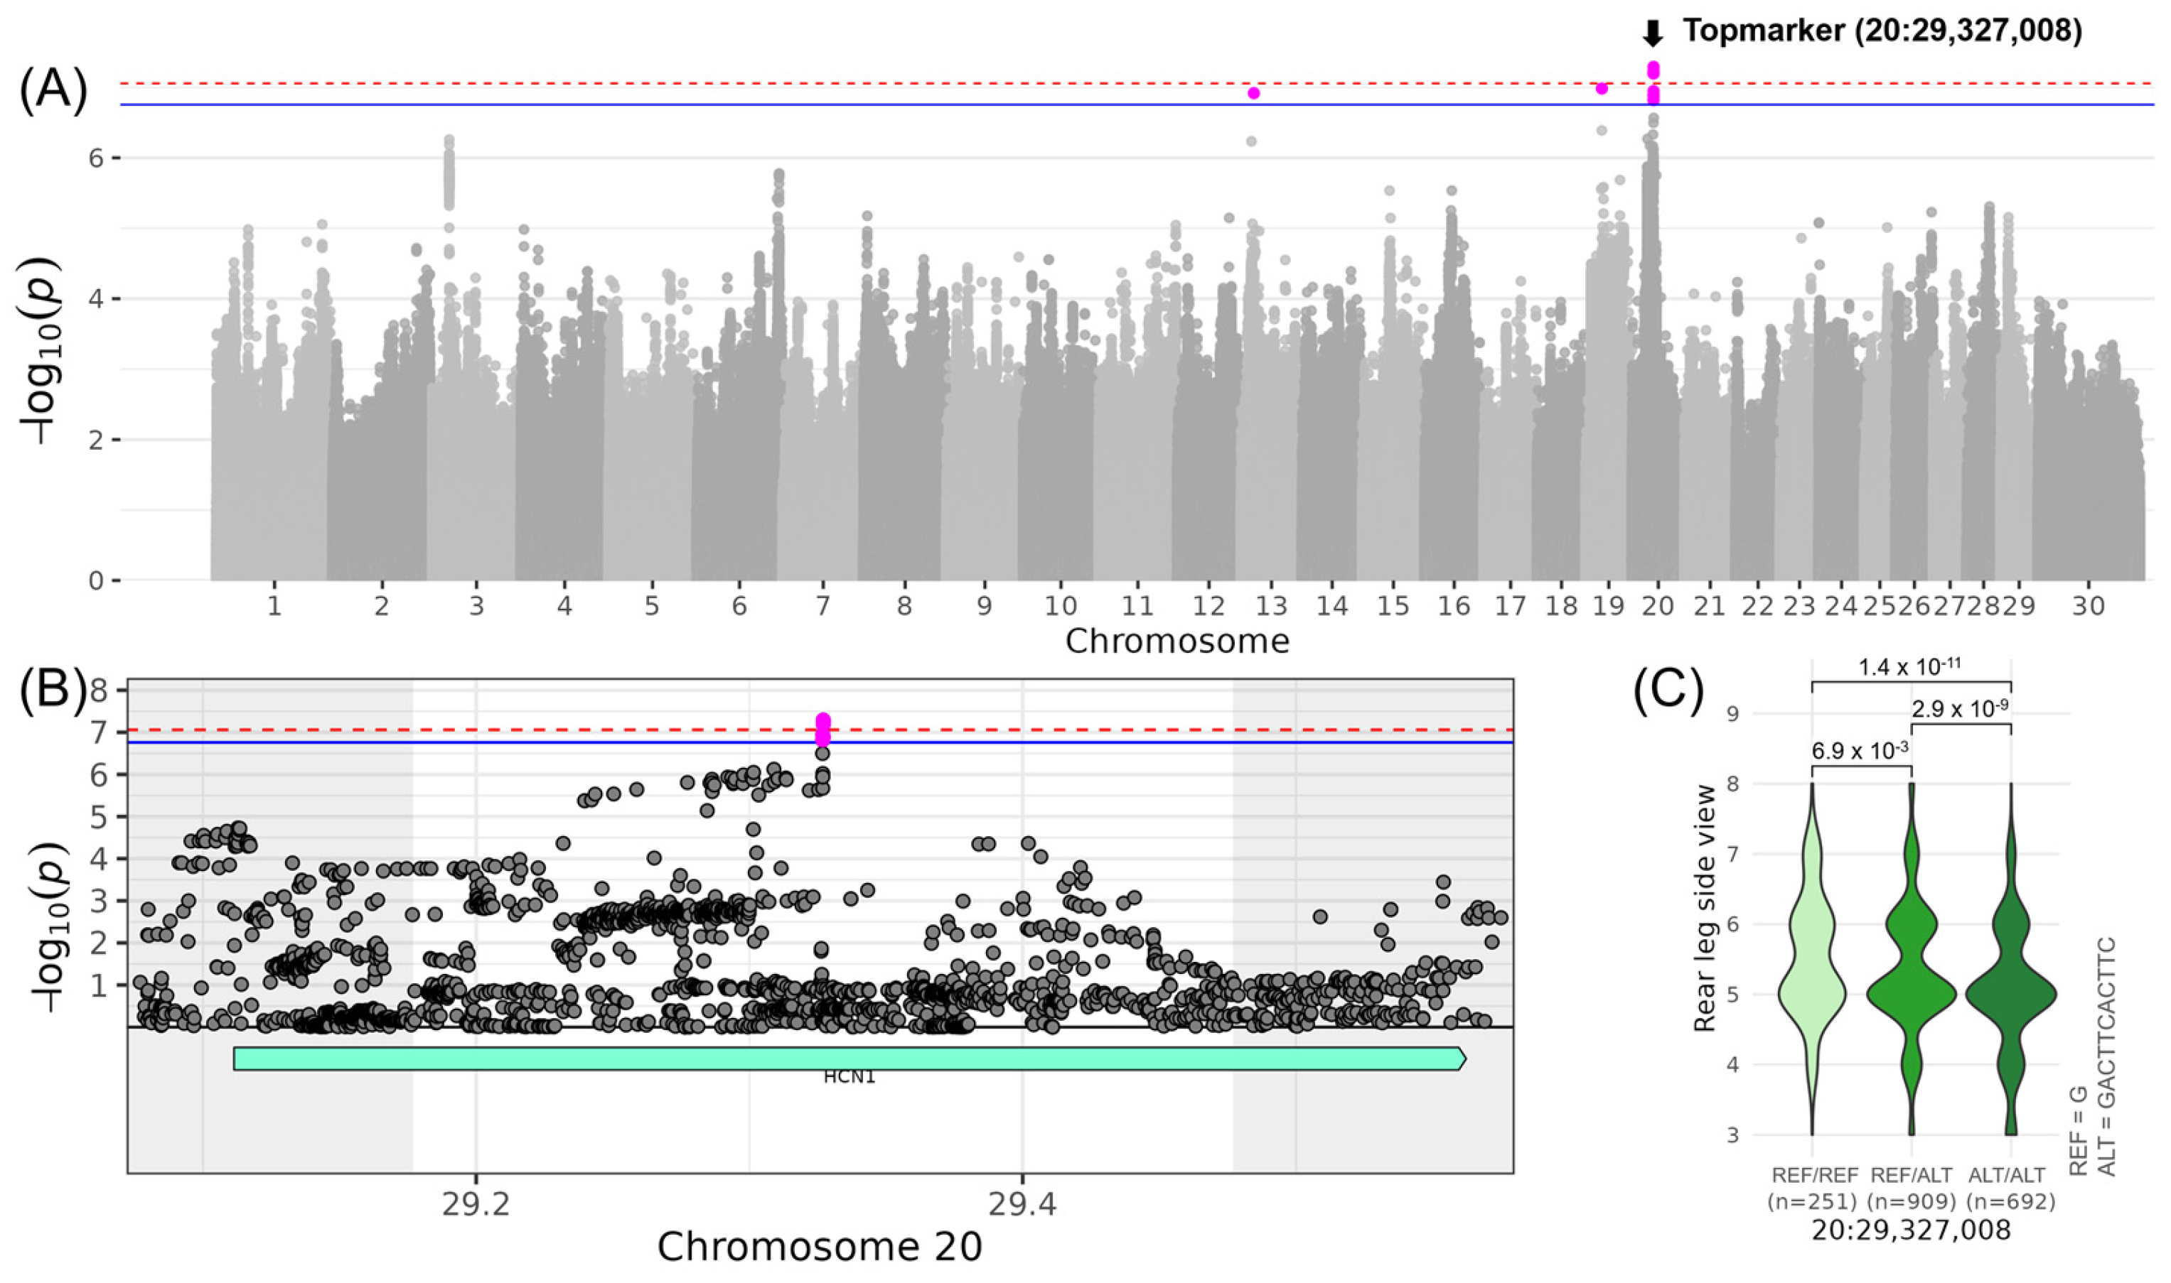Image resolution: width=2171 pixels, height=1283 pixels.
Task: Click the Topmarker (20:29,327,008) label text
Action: [1881, 32]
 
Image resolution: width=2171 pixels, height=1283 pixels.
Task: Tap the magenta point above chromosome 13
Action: [1253, 92]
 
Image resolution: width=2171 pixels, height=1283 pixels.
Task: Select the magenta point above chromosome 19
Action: [1601, 88]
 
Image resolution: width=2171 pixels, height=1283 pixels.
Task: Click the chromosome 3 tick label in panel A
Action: [476, 606]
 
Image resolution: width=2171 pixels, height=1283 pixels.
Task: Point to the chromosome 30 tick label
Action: [2087, 606]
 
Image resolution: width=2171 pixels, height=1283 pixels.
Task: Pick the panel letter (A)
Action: [53, 92]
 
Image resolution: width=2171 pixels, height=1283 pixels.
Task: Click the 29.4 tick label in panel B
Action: [1022, 1204]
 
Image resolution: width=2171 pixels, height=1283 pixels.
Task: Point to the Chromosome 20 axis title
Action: [819, 1247]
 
